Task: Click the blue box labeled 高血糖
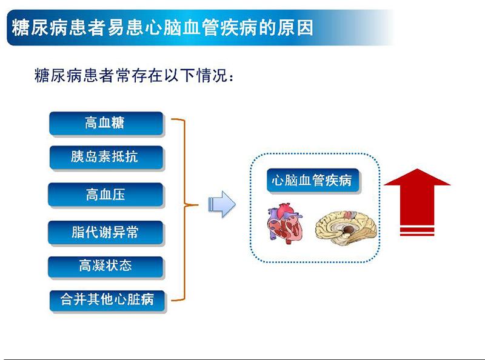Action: point(105,123)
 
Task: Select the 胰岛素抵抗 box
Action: point(105,158)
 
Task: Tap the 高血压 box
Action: point(105,195)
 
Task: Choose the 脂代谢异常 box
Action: point(105,232)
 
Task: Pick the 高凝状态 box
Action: point(105,267)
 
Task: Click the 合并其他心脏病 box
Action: point(107,299)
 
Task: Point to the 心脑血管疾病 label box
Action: point(312,181)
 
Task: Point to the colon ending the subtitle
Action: point(229,78)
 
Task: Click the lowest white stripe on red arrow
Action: point(417,232)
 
